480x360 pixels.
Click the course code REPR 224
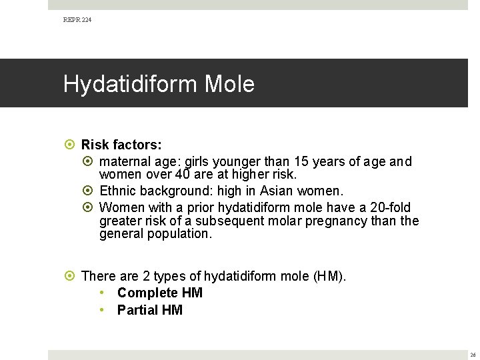(x=77, y=20)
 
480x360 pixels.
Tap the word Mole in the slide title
(x=229, y=85)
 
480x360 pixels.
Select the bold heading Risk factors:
(x=121, y=145)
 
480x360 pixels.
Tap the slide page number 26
(x=473, y=355)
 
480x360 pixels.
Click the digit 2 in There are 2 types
(x=146, y=276)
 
